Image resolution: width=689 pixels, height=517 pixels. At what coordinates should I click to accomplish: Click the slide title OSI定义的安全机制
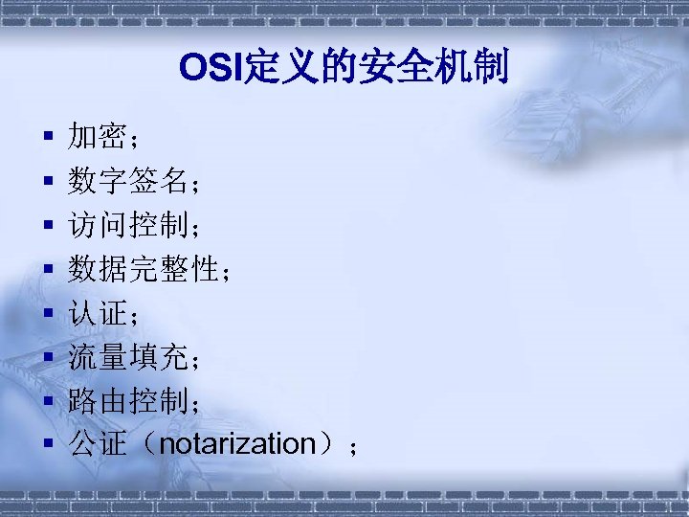coord(344,68)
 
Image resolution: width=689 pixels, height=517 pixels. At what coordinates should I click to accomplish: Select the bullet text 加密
coord(98,138)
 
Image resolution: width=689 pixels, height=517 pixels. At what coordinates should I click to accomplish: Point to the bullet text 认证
coord(98,313)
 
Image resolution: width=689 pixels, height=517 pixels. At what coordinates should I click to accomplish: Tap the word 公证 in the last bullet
coord(98,444)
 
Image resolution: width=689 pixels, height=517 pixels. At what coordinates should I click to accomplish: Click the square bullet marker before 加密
coord(46,139)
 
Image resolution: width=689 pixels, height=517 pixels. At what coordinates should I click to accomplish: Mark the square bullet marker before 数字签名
coord(46,183)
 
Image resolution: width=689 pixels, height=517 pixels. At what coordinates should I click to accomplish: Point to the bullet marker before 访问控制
coord(46,227)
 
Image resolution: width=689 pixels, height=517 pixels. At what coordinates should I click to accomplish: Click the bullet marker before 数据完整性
coord(46,271)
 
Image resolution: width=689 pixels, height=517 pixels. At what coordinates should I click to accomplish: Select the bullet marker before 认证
coord(46,314)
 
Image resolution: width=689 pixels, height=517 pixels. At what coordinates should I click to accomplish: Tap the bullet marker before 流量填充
coord(46,358)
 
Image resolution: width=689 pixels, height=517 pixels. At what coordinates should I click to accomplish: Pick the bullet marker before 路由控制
coord(46,402)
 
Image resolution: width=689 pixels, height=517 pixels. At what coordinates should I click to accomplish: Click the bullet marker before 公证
coord(46,445)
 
